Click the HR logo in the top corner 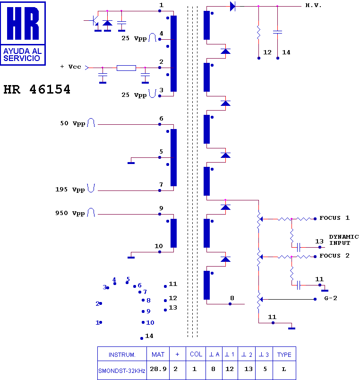(x=23, y=33)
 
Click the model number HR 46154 (x=37, y=89)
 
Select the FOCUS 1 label (x=334, y=218)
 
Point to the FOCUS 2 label (x=334, y=256)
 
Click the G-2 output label (x=331, y=298)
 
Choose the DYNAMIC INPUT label (x=343, y=240)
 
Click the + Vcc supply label (x=71, y=67)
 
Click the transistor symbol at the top (x=93, y=21)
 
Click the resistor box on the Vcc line (x=126, y=68)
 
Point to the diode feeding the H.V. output (x=232, y=6)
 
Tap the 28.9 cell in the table (x=158, y=370)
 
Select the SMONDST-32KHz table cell (x=122, y=370)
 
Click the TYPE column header (x=284, y=354)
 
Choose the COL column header (x=196, y=354)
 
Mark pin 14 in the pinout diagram (x=142, y=338)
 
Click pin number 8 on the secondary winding (x=232, y=298)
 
